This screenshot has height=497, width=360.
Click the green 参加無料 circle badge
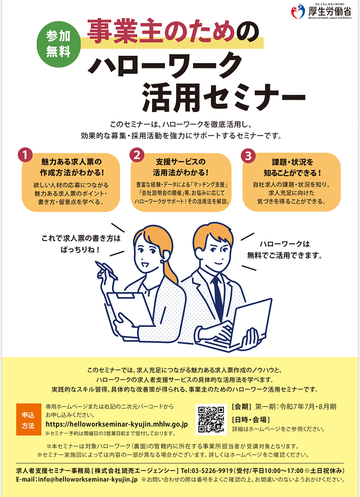pos(58,45)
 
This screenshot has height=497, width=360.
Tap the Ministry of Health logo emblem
pos(298,11)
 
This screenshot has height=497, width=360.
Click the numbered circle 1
pos(25,155)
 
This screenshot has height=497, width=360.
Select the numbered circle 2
pos(137,155)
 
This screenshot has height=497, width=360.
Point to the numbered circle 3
pos(248,155)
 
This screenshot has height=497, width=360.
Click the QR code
pos(211,419)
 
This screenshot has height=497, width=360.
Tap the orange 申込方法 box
pos(28,419)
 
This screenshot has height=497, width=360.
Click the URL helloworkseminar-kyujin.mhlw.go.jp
pos(117,424)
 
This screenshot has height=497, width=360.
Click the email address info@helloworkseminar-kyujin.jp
pos(88,479)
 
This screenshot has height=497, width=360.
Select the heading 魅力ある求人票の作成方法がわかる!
pos(72,167)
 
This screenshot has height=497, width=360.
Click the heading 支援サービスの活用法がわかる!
pos(181,167)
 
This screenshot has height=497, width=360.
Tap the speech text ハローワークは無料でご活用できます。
pos(284,250)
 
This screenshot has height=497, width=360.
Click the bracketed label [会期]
pos(242,407)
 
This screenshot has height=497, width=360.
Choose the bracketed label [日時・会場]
pos(251,420)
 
